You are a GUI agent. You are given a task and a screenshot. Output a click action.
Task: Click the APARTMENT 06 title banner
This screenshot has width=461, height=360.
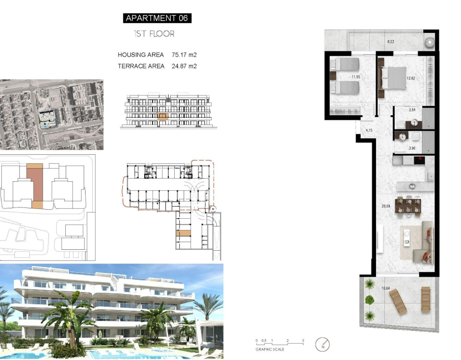click(x=157, y=18)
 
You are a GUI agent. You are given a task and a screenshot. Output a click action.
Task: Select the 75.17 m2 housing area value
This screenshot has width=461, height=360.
click(x=184, y=54)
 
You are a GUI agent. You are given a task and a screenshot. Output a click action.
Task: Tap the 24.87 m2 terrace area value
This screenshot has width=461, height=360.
click(x=184, y=66)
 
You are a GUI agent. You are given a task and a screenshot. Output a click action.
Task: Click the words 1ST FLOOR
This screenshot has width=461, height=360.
click(x=154, y=34)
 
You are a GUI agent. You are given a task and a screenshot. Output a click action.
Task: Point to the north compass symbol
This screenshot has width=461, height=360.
click(x=322, y=344)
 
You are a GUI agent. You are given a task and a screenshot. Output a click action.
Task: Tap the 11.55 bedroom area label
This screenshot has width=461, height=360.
click(x=356, y=77)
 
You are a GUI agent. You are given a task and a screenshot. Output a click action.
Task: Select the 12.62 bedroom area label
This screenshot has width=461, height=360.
click(x=411, y=78)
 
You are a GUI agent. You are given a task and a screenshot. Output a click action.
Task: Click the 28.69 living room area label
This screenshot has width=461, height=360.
click(x=386, y=206)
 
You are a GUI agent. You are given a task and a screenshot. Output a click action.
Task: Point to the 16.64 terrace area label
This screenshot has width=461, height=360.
click(x=385, y=288)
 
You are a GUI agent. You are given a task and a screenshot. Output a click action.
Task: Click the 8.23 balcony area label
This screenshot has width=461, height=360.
click(x=390, y=42)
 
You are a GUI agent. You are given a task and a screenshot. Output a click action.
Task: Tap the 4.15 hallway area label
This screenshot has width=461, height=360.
click(x=369, y=130)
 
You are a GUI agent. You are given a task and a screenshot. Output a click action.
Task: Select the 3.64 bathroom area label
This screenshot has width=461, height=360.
click(x=412, y=110)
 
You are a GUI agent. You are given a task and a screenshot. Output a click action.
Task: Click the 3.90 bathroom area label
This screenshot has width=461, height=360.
click(x=412, y=148)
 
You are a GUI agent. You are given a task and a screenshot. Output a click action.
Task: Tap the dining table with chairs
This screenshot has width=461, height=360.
click(x=408, y=206)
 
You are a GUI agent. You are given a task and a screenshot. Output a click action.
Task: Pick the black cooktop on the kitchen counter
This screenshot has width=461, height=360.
click(x=420, y=161)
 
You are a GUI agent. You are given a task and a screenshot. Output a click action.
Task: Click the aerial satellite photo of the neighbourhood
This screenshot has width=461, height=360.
click(x=51, y=115)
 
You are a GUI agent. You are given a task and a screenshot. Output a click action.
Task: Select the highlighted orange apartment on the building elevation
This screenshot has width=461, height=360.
click(x=163, y=117)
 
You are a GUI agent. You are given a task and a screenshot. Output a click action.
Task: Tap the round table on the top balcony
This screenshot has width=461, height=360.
click(x=430, y=42)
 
